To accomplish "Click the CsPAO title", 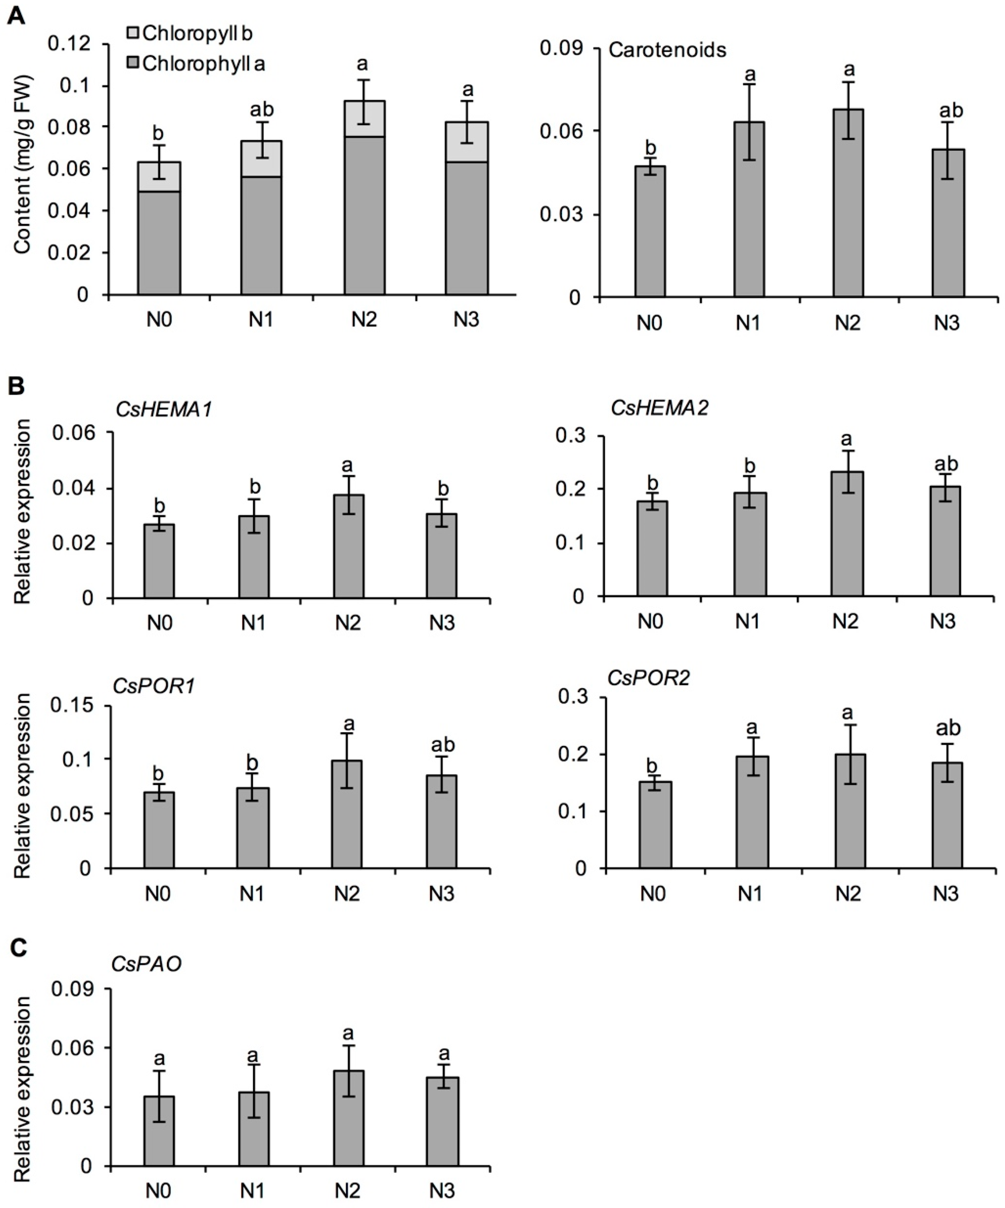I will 147,964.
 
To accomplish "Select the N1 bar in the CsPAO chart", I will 254,1129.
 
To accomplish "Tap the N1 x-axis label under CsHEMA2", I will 748,621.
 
